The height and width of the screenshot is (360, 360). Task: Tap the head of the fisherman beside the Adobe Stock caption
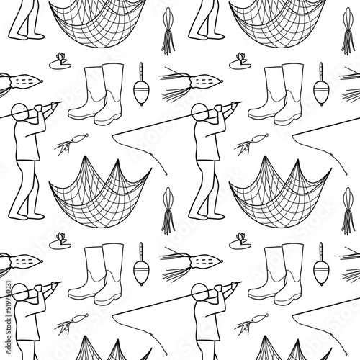(19, 292)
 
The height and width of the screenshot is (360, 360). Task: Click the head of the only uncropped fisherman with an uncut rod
(199, 112)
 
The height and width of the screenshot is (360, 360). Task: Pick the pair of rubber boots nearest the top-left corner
(96, 94)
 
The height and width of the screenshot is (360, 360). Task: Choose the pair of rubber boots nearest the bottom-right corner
(276, 274)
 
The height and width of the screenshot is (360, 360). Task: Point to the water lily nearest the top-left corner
(60, 62)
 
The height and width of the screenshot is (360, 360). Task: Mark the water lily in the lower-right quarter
(240, 242)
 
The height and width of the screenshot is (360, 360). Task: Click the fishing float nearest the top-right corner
(321, 84)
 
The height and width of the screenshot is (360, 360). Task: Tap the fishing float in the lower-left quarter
(141, 264)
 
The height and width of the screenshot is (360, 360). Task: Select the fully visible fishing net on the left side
(100, 192)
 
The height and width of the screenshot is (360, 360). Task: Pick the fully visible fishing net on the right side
(280, 192)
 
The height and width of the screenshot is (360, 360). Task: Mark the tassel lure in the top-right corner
(348, 31)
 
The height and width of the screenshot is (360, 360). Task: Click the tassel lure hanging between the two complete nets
(168, 211)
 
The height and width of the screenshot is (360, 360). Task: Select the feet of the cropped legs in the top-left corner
(27, 36)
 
